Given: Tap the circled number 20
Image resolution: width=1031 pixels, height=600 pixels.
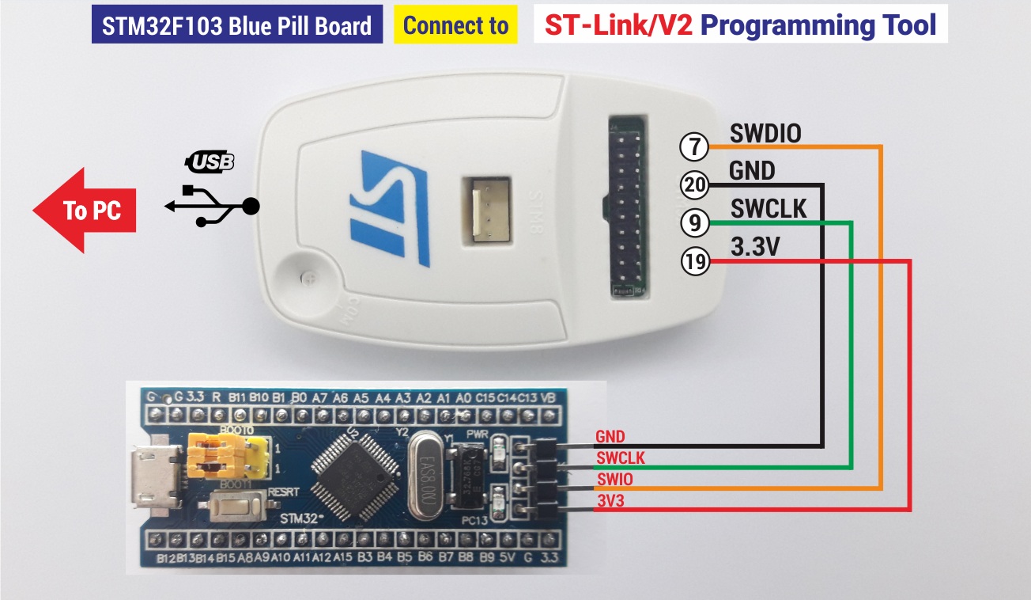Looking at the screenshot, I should pos(693,185).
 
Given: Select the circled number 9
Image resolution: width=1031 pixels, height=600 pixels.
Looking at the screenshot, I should pos(693,224).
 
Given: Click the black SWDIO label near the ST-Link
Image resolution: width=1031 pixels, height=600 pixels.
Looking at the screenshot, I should pos(765,133).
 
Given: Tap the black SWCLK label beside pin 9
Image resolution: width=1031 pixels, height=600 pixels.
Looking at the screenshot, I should pos(769,209).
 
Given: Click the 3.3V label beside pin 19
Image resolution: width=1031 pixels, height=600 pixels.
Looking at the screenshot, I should pos(755,247).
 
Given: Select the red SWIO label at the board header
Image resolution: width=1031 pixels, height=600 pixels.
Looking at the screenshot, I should pos(614,479).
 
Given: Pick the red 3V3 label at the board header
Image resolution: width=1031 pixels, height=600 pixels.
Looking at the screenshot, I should pos(610,500).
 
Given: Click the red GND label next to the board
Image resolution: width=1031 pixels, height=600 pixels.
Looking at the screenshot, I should pos(610,437).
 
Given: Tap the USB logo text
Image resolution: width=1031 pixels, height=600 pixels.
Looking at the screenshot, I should pos(210,163).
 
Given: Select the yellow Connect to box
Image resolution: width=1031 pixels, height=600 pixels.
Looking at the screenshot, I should pos(455,26).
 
